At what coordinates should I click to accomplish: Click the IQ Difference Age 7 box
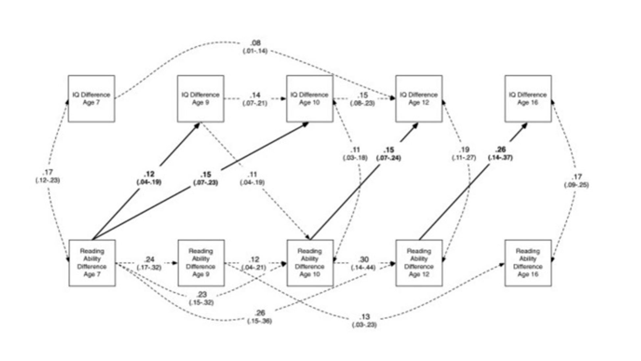point(91,99)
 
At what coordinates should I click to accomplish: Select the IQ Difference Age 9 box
point(201,99)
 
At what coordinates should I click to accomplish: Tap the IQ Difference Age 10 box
point(309,99)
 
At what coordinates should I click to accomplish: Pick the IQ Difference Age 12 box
point(419,99)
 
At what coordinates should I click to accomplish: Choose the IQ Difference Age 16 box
point(528,99)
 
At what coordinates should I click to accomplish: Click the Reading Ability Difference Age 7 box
point(92,263)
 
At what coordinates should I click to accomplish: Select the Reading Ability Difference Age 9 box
point(201,263)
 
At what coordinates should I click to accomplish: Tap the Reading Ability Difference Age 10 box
point(310,263)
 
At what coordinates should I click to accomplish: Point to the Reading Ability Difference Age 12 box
point(419,263)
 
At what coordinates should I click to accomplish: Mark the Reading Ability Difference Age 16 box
point(528,263)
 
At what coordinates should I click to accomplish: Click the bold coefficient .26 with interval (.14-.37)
point(500,150)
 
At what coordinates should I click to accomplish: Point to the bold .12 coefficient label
point(149,174)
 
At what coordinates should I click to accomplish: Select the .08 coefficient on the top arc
point(255,43)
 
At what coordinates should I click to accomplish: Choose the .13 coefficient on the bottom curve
point(365,317)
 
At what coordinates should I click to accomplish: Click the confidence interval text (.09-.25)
point(576,185)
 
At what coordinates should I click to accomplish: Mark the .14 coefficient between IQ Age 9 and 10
point(255,95)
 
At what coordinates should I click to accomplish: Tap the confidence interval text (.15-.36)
point(259,321)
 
